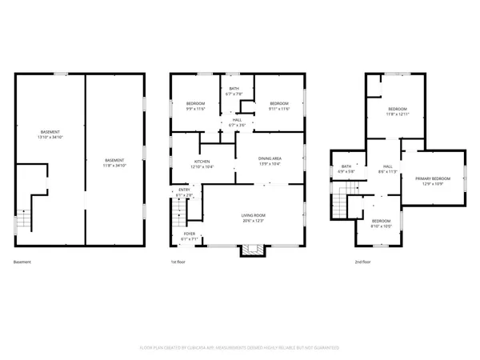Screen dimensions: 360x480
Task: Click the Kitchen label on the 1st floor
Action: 202,162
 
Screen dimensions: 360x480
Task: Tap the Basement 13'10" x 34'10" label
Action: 50,134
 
